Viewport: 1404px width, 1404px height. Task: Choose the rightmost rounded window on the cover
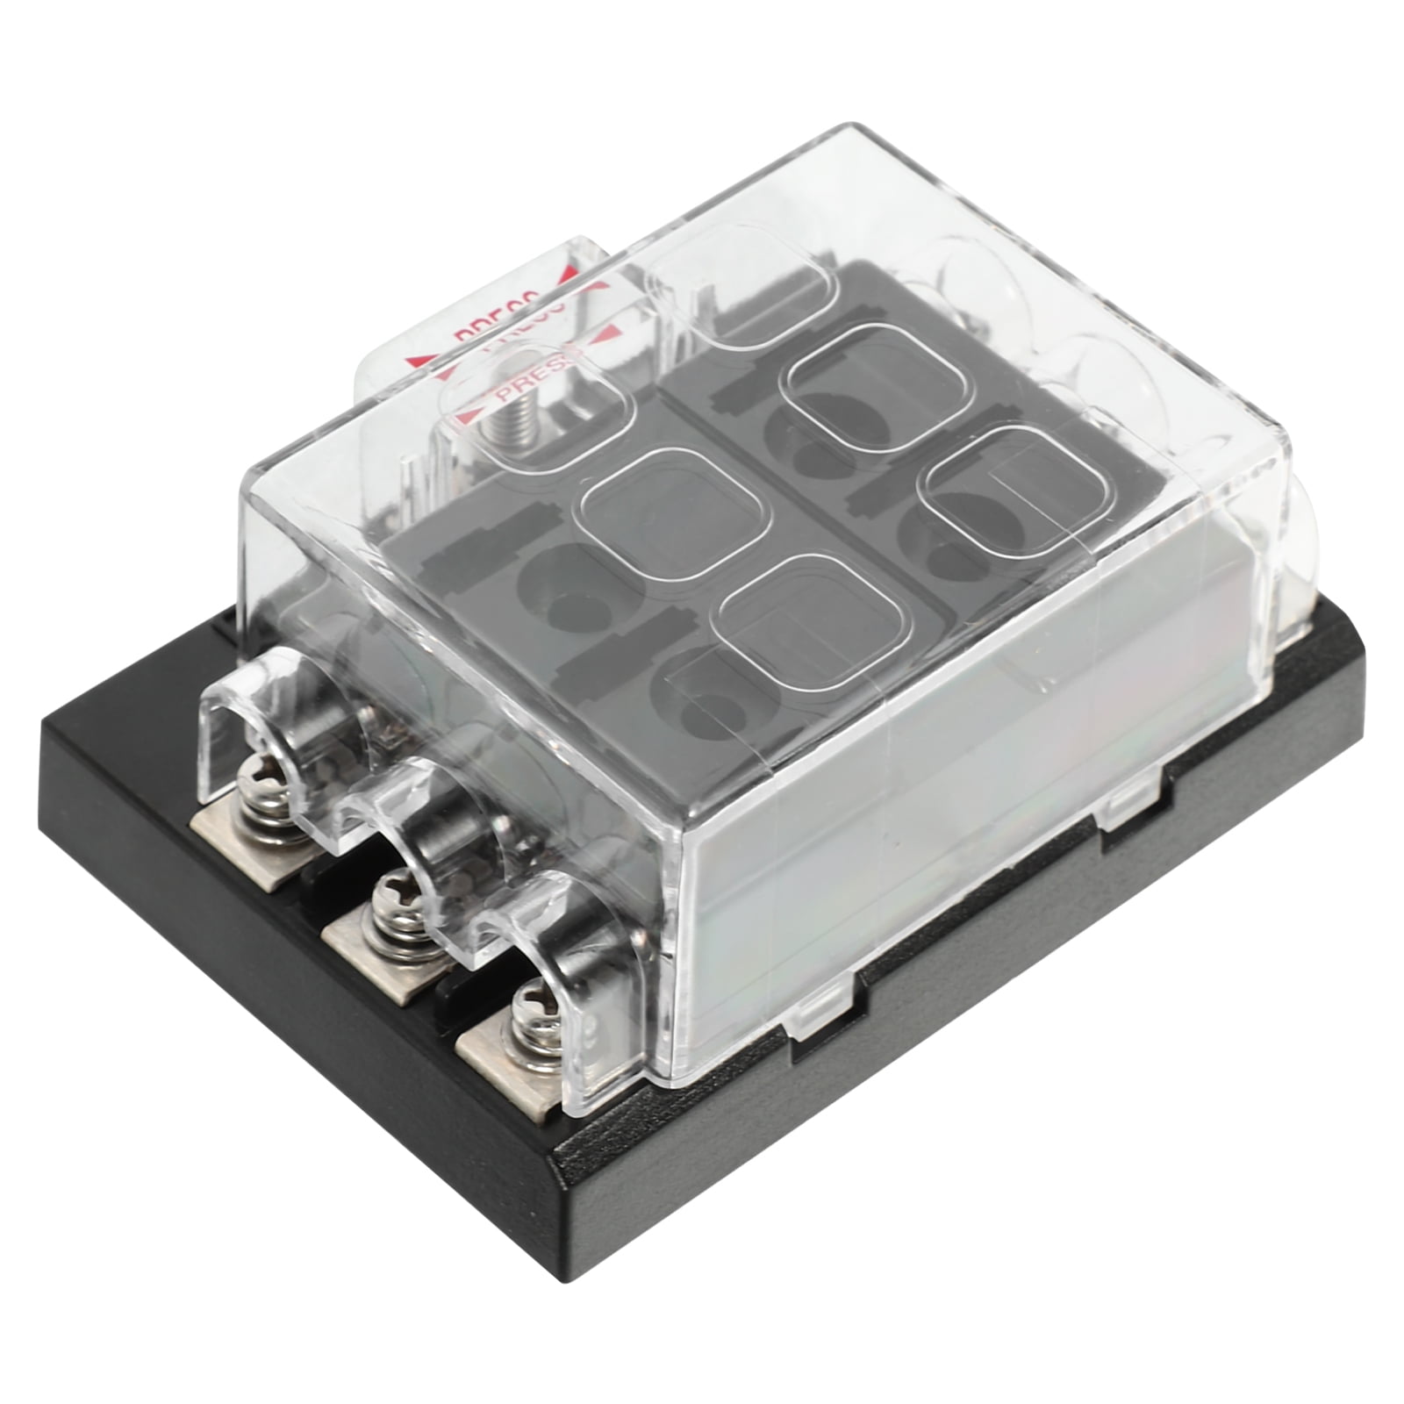[x=987, y=487]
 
